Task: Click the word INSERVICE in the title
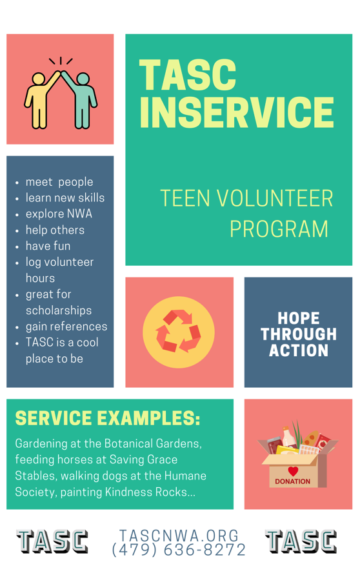pyautogui.click(x=236, y=112)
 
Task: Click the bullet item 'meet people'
pyautogui.click(x=59, y=182)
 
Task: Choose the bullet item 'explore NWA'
pyautogui.click(x=59, y=214)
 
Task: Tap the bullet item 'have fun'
pyautogui.click(x=48, y=246)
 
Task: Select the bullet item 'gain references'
pyautogui.click(x=66, y=326)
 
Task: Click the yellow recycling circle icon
pyautogui.click(x=179, y=332)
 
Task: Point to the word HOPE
pyautogui.click(x=299, y=318)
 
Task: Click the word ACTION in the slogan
pyautogui.click(x=299, y=350)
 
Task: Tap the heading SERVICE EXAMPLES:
pyautogui.click(x=108, y=418)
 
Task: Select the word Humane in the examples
pyautogui.click(x=186, y=476)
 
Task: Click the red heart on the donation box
pyautogui.click(x=293, y=471)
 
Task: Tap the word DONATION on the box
pyautogui.click(x=293, y=481)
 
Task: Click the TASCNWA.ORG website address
pyautogui.click(x=179, y=536)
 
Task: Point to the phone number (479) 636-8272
pyautogui.click(x=179, y=550)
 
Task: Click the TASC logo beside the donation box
pyautogui.click(x=301, y=541)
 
